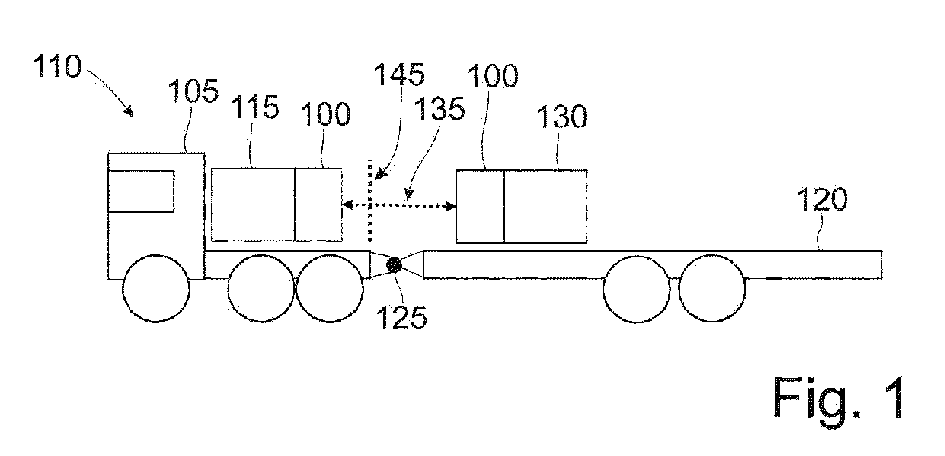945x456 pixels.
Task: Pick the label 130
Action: point(561,117)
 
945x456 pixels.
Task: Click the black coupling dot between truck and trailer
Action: point(393,265)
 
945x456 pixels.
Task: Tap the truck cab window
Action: point(141,191)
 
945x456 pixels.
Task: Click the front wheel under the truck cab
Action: point(156,288)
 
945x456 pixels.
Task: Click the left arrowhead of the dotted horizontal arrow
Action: point(347,205)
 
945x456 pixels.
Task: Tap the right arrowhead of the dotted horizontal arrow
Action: point(451,207)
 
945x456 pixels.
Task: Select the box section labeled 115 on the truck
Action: point(253,204)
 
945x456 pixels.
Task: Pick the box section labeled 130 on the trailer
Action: point(545,206)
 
